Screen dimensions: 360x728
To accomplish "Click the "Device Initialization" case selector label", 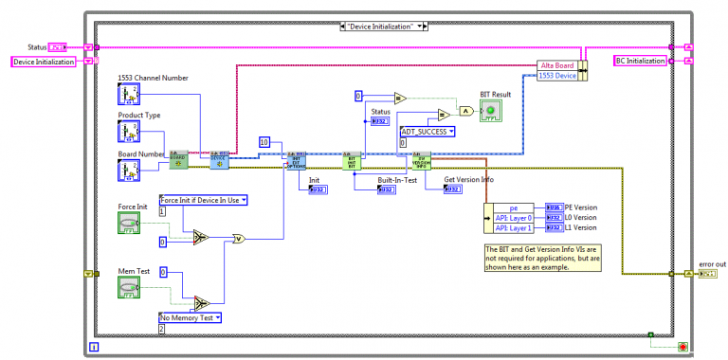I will pos(391,26).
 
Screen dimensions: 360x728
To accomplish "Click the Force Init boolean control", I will pos(131,223).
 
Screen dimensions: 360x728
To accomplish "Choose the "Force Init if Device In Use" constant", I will pos(203,200).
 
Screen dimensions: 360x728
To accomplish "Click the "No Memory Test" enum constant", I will pos(190,317).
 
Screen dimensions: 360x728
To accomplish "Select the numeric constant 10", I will pos(266,142).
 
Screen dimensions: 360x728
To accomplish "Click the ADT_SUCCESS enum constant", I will pos(427,132).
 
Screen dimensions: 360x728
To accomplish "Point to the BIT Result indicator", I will pos(492,112).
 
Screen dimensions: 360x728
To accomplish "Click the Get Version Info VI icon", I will pos(422,162).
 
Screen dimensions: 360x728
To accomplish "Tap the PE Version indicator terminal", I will pos(555,207).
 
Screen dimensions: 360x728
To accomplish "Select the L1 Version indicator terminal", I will pos(555,227).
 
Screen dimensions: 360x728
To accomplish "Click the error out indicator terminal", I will pos(707,274).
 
